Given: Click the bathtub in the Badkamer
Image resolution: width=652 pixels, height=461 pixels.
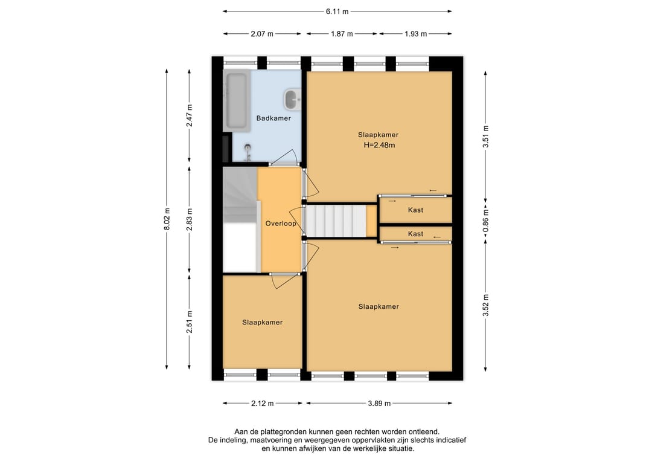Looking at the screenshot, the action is tap(237, 101).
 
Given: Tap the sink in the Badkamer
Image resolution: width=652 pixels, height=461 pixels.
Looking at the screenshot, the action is tap(293, 100).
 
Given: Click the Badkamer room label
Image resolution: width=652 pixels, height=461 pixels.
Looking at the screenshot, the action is tap(273, 118).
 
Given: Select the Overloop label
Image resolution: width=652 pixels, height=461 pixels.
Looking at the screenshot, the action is tap(281, 224).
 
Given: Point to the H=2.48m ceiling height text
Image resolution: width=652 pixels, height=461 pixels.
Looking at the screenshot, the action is tap(379, 145).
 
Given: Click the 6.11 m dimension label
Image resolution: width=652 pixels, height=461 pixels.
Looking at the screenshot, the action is tap(337, 11).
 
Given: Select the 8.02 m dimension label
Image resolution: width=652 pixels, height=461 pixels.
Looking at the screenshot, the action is tap(167, 219).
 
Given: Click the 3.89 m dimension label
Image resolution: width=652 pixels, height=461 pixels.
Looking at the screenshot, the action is tap(379, 403).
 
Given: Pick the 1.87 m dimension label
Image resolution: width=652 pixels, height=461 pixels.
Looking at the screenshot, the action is tap(342, 34).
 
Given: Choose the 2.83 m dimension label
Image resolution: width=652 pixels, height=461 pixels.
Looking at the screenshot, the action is tap(189, 219).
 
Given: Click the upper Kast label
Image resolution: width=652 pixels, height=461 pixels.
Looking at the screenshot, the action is tap(415, 210).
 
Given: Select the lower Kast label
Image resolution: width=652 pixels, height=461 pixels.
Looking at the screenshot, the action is tap(415, 234).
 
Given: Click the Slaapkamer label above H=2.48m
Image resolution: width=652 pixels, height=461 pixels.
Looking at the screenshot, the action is tap(379, 135).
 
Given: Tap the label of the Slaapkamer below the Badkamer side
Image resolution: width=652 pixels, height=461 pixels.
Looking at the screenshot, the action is tap(263, 323).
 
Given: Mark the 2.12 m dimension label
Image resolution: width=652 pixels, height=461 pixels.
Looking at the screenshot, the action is tap(263, 403).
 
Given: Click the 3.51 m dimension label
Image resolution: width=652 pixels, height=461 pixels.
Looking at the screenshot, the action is tap(485, 137).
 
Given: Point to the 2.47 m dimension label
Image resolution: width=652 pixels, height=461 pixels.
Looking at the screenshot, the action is tap(189, 115).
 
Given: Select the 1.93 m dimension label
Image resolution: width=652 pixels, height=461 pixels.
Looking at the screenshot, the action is tap(415, 34).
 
